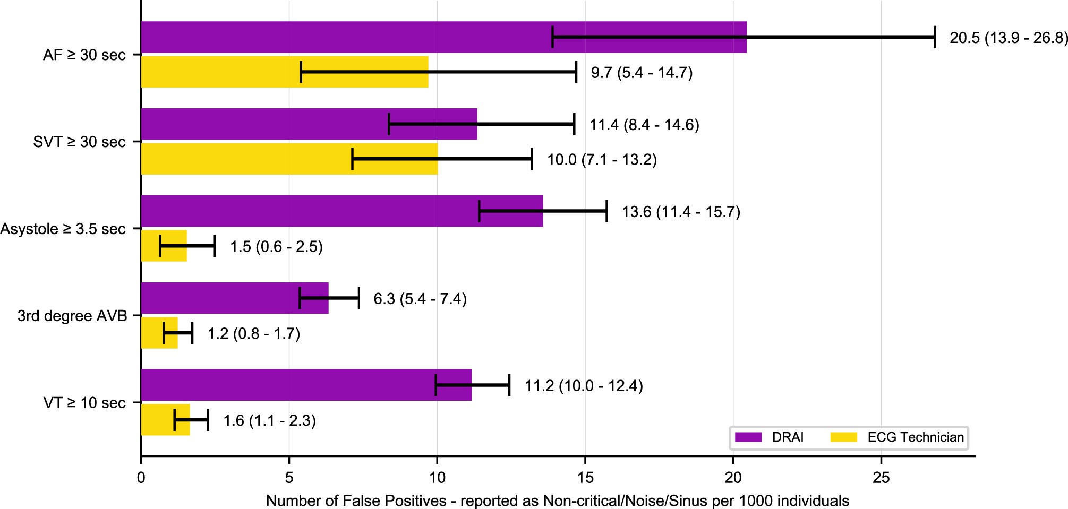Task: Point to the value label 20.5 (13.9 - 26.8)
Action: click(x=1008, y=38)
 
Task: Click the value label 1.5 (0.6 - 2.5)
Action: click(x=276, y=247)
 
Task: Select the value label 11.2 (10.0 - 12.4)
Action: click(x=584, y=386)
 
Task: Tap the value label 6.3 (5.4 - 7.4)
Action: click(x=420, y=299)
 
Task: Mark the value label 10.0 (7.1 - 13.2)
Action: click(x=602, y=159)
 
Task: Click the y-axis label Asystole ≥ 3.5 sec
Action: click(x=63, y=229)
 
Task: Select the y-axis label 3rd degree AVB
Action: click(x=72, y=316)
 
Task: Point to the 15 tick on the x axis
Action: click(x=585, y=477)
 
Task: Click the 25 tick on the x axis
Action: click(x=881, y=477)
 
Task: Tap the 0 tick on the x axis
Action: click(x=141, y=477)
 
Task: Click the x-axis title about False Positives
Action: click(x=557, y=501)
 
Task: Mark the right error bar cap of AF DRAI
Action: click(x=935, y=37)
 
